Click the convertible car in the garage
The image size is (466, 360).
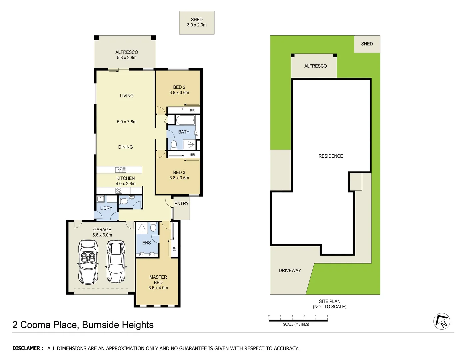tap(88, 262)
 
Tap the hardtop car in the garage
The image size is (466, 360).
tap(115, 262)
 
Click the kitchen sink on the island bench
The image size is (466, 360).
tap(120, 169)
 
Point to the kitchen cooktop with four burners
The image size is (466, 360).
tap(119, 191)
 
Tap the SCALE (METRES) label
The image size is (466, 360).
tap(296, 324)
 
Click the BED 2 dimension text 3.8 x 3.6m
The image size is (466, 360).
tap(179, 93)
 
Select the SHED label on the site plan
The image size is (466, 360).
tap(367, 44)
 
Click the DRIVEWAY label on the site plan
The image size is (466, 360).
tap(290, 270)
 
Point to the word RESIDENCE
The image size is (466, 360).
tap(330, 156)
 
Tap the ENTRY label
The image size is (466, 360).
tap(181, 204)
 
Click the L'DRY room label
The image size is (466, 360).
tap(106, 208)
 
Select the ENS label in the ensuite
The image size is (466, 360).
tap(146, 243)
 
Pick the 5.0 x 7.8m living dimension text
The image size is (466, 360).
tap(127, 122)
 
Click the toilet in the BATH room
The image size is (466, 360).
tap(174, 144)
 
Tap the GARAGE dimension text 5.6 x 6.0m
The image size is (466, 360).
tap(102, 235)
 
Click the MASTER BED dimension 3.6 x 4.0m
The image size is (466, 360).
tap(158, 288)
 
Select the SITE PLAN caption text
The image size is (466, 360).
tap(329, 301)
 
